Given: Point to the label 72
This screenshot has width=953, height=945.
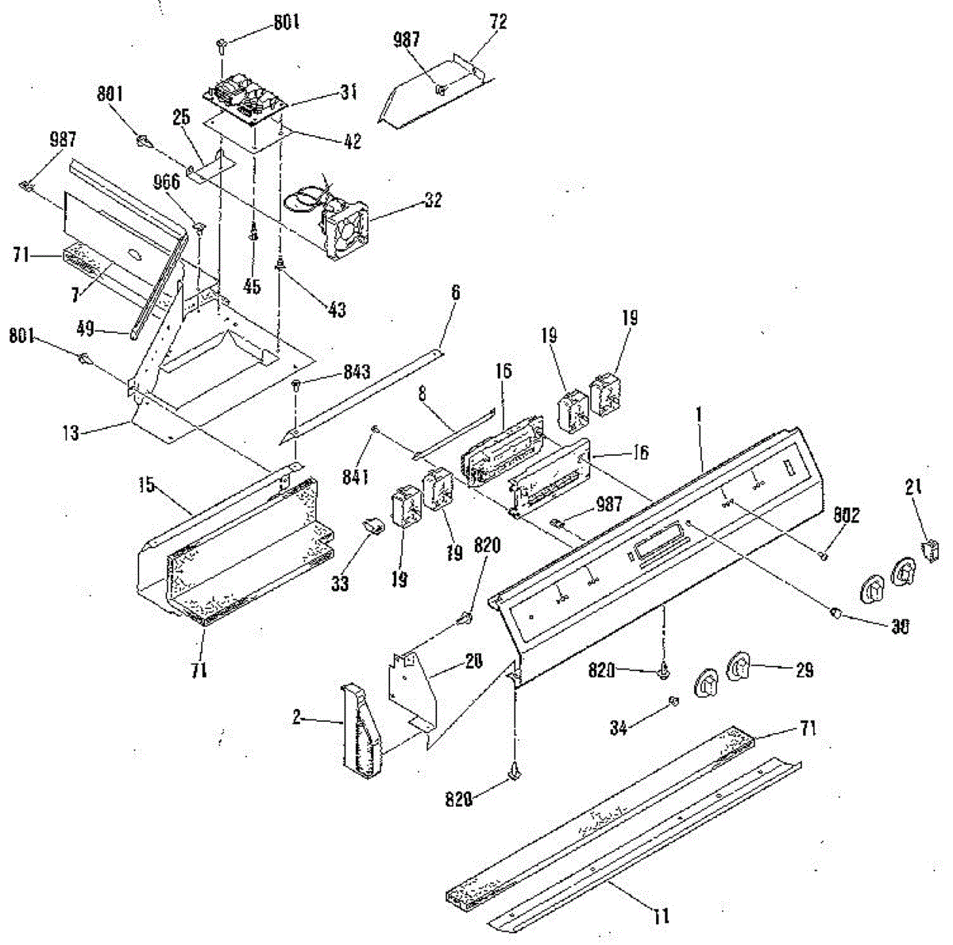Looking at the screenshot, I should point(498,21).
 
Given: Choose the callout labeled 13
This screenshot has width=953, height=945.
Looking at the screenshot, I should point(70,434).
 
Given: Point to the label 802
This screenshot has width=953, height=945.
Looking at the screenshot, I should point(846,516).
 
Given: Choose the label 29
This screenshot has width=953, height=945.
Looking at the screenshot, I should point(804,671).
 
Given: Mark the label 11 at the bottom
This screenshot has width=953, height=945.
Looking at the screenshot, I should point(660,916).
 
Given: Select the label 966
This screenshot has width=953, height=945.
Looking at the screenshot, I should point(168,181).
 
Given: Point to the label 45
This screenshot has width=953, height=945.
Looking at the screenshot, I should point(252,286).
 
